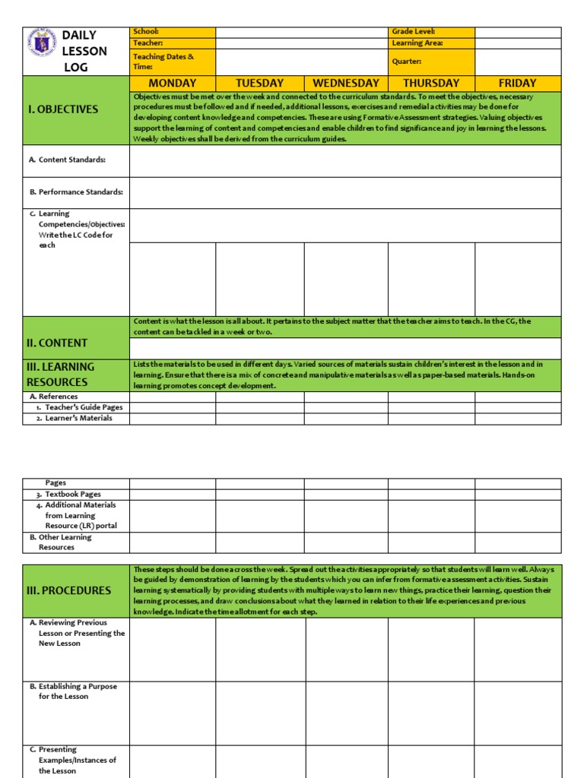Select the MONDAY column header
coord(173,83)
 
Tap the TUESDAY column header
coord(259,83)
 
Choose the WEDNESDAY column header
coord(346,83)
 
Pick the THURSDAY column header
coord(431,83)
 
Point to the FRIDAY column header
coord(517,83)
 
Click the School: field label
coord(146,32)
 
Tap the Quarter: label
coord(407,62)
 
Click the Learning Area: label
coord(417,43)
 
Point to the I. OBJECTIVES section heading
coord(63,109)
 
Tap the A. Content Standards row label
coord(67,160)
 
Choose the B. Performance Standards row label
coord(76,192)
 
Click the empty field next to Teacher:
coord(301,43)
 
